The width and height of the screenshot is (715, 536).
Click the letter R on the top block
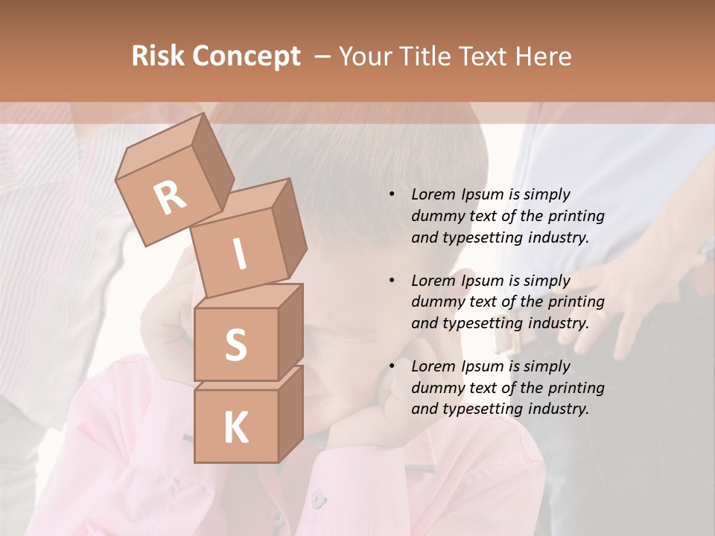(x=170, y=198)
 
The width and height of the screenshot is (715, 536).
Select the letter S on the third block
(x=235, y=345)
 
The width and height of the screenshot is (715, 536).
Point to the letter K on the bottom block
(x=235, y=428)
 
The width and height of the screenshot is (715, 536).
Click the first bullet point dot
(x=392, y=194)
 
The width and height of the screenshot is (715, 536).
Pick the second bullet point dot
(x=392, y=281)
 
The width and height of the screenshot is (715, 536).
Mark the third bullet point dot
(x=392, y=366)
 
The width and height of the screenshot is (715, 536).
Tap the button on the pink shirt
(x=318, y=499)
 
